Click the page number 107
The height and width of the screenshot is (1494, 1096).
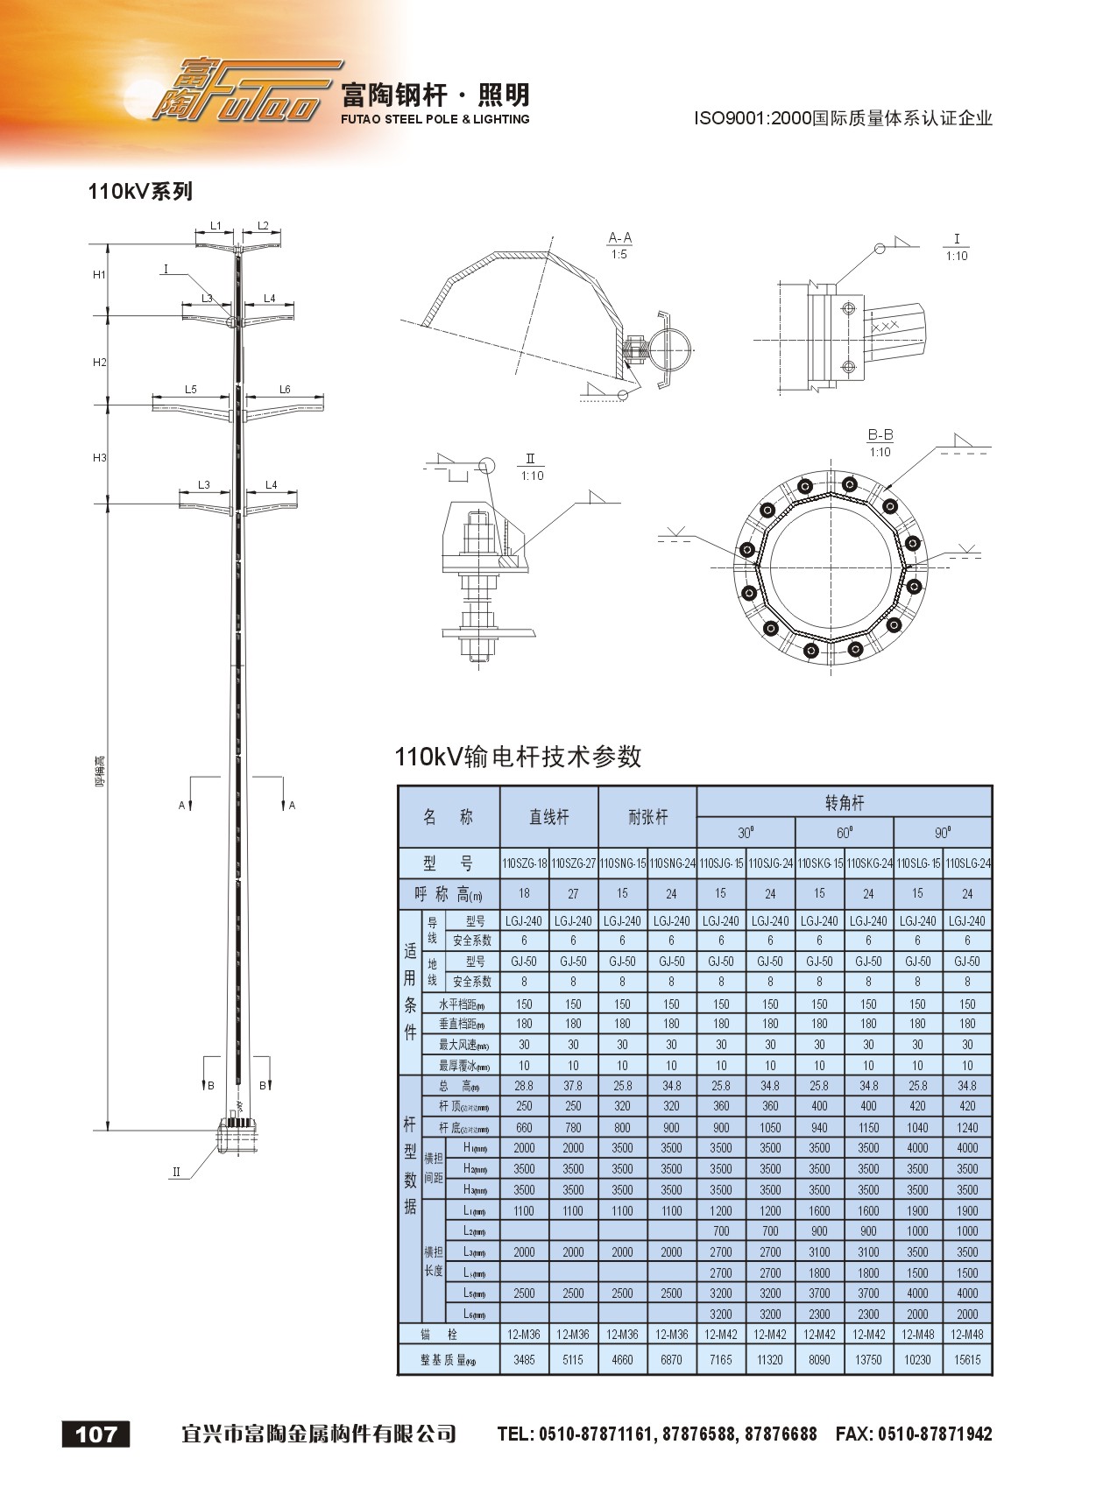[96, 1434]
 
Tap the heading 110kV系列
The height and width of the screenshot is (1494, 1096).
[140, 191]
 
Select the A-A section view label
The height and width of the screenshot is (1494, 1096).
[619, 238]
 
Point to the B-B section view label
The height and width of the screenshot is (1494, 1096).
[880, 435]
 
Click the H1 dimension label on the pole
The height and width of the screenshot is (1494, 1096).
[99, 275]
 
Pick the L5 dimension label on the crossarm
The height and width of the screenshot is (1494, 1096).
[191, 390]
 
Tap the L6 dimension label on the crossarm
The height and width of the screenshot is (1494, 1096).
[285, 390]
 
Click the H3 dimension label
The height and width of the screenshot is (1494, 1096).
[99, 458]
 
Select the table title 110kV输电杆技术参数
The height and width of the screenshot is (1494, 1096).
[518, 757]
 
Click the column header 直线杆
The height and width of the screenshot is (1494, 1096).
[548, 817]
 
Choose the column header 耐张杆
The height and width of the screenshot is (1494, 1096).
[647, 817]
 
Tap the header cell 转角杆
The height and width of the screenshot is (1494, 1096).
[844, 802]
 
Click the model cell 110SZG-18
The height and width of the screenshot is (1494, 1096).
[524, 863]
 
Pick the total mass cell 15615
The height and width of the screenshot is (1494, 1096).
[967, 1359]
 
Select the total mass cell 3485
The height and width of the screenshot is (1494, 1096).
[524, 1359]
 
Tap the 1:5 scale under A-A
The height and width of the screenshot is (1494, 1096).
[619, 255]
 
